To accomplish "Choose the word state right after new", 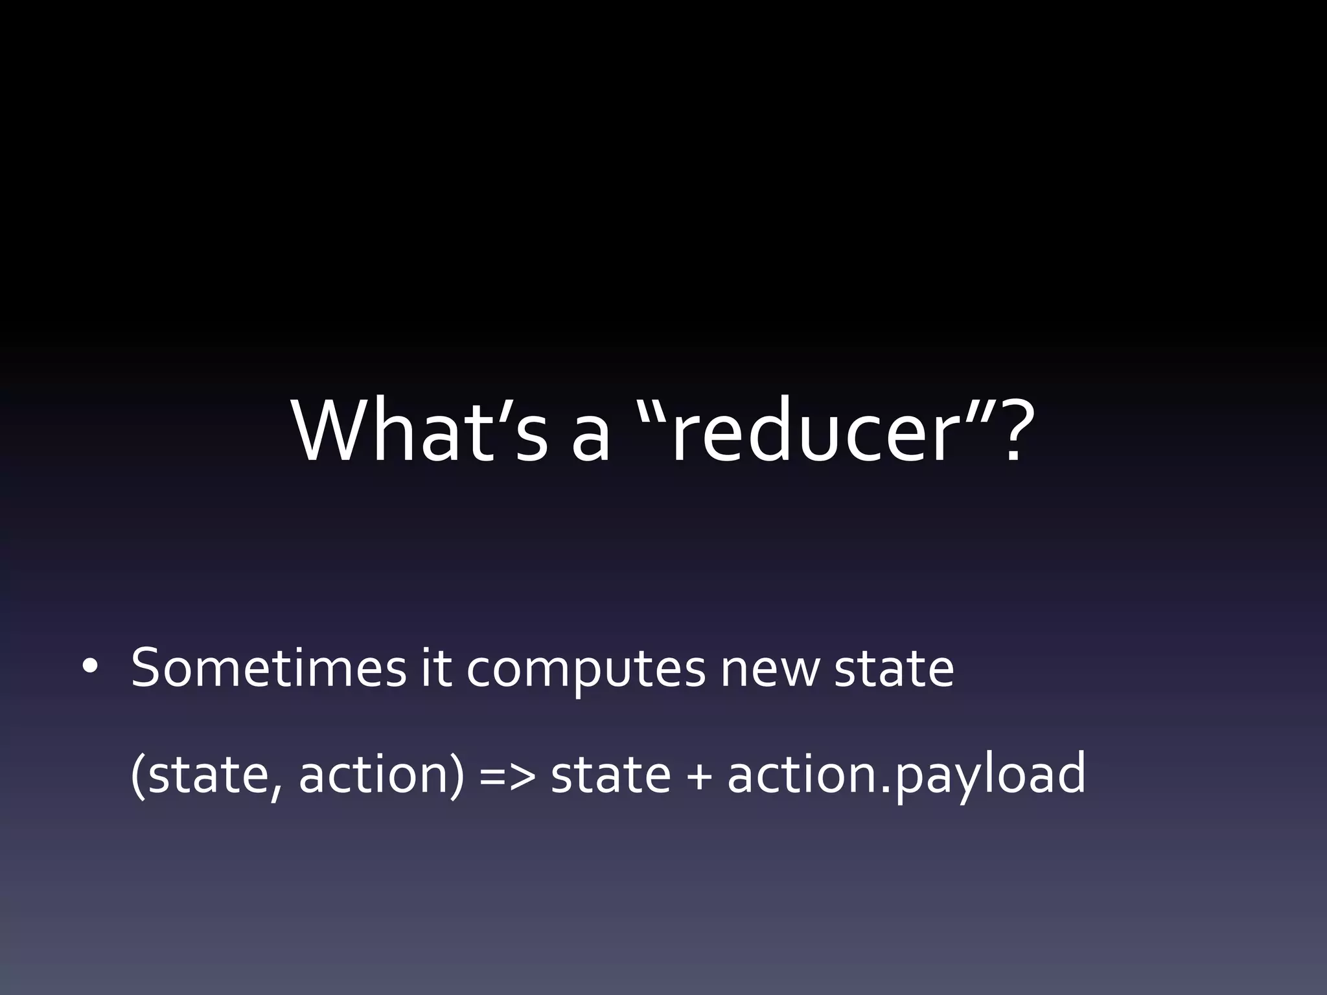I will (894, 668).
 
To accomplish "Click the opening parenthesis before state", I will (137, 775).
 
